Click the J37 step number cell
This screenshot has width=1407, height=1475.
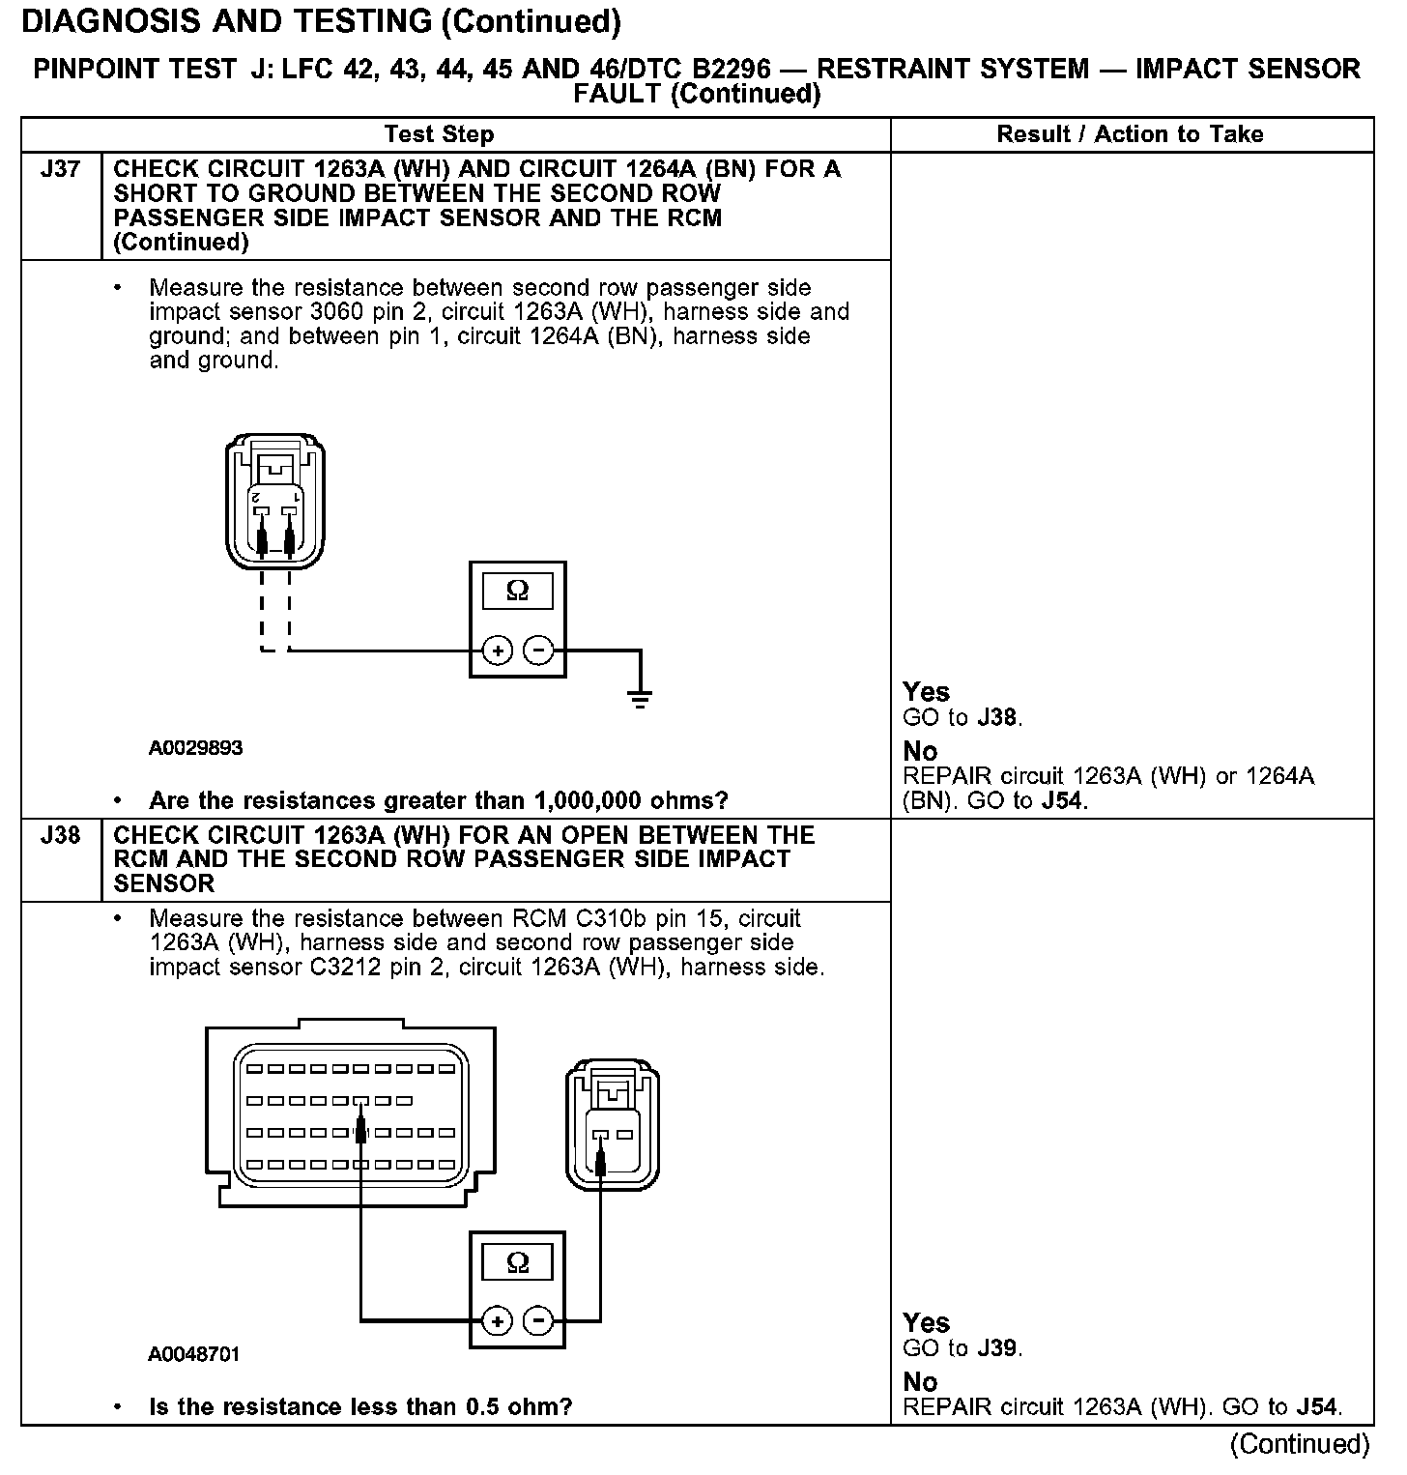pos(60,170)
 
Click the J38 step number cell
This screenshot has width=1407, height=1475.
pos(60,835)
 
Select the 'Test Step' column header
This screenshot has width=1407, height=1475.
pos(439,134)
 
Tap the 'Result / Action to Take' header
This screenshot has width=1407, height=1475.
pos(1130,134)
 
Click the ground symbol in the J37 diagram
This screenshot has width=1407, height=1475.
pos(639,698)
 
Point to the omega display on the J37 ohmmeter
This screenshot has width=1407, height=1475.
pos(517,591)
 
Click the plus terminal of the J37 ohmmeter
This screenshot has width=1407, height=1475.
pos(497,651)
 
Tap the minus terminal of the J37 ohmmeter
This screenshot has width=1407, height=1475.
pos(538,651)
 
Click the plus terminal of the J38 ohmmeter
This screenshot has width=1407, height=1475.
pos(497,1320)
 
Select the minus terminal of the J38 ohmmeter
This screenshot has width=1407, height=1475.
pos(538,1320)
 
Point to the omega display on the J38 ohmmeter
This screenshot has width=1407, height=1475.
pos(517,1262)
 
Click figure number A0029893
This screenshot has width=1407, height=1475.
pos(196,748)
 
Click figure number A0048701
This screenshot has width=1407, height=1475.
pos(194,1354)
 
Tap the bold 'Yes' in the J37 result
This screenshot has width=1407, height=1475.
pos(926,692)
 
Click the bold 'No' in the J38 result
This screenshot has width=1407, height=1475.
pos(920,1382)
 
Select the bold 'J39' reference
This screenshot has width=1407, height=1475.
pos(997,1348)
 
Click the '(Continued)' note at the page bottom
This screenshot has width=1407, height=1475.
pos(1300,1444)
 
